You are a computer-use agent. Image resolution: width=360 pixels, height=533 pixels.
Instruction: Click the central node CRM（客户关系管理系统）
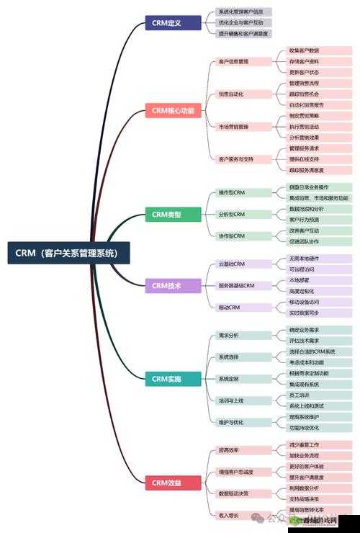(x=69, y=253)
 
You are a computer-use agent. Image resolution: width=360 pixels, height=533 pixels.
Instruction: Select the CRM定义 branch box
(x=166, y=22)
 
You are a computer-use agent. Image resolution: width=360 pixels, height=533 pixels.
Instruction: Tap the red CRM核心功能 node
(x=173, y=111)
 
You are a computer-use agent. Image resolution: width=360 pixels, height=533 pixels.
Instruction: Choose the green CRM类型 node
(x=166, y=214)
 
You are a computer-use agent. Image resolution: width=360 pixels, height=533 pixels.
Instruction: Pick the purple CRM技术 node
(x=166, y=286)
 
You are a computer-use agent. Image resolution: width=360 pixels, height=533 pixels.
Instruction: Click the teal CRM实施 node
(x=166, y=378)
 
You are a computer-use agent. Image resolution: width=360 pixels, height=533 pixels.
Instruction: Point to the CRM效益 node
(x=166, y=482)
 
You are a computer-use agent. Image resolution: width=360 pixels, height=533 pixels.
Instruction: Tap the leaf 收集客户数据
(x=304, y=50)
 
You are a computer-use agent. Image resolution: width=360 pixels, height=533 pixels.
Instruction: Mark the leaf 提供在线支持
(x=304, y=159)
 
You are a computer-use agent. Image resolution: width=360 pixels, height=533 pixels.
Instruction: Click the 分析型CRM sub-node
(x=232, y=214)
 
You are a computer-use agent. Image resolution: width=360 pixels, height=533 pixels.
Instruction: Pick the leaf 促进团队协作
(x=304, y=241)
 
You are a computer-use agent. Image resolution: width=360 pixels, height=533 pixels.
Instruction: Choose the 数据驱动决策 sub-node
(x=233, y=493)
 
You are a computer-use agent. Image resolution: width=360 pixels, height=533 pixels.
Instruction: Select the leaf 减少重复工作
(x=304, y=444)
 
